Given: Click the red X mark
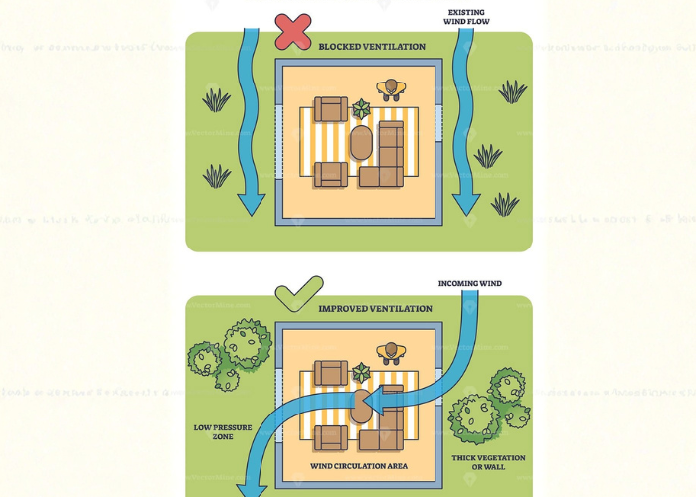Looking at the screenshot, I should [x=293, y=30].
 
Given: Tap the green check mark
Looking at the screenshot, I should [x=298, y=294].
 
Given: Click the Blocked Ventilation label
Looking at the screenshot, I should [x=372, y=47].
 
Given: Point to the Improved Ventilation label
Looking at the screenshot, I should [x=375, y=309].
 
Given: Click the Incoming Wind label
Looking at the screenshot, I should [x=469, y=284].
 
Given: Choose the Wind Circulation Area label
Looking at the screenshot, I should [x=360, y=465].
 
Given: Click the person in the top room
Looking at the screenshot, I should [x=393, y=90].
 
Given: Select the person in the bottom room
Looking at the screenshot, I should [x=393, y=352].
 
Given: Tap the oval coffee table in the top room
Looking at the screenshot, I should [x=361, y=143].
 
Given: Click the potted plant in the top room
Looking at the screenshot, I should [x=361, y=108].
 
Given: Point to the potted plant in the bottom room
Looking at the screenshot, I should [x=361, y=372].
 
